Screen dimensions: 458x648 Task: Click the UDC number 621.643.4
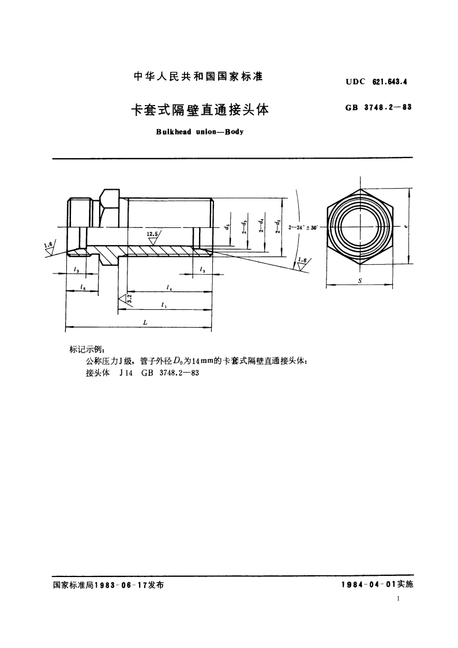[389, 82]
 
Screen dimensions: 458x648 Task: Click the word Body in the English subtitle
[234, 132]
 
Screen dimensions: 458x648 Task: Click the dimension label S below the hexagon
[361, 278]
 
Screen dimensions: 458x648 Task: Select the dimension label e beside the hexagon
[406, 227]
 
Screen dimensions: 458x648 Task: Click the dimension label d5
[229, 227]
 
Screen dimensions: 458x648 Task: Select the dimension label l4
[168, 286]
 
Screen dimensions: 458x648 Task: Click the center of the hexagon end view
[361, 226]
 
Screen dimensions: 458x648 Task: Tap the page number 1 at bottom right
[399, 599]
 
